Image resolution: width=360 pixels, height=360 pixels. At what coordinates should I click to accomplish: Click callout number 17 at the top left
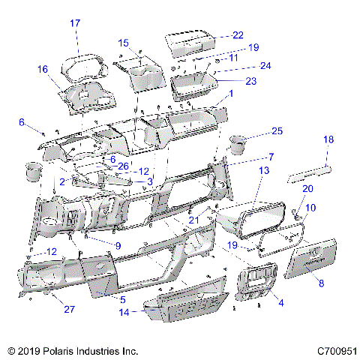pos(75,23)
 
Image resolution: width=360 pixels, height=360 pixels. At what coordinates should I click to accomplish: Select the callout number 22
pos(238,35)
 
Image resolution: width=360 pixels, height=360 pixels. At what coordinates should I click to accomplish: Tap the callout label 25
pos(277,131)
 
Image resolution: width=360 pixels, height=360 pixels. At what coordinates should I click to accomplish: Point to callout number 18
pos(328,140)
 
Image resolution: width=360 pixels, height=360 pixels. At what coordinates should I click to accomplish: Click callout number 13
pos(263,172)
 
